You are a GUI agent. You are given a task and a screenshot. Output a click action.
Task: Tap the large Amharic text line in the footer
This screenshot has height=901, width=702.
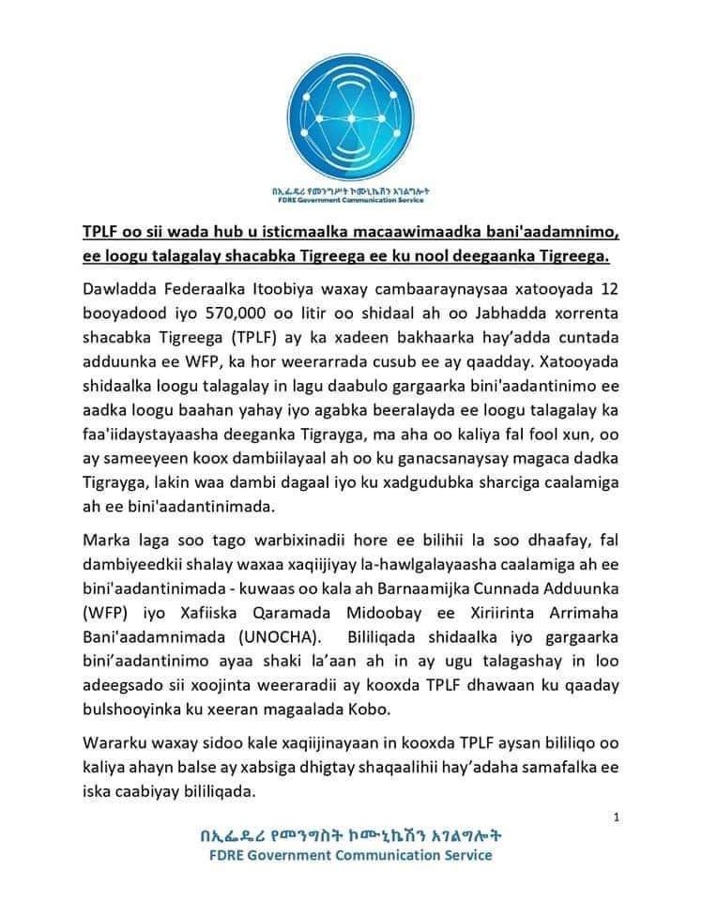click(351, 835)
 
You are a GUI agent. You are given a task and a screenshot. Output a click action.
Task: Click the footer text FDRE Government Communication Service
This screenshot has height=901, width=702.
click(351, 855)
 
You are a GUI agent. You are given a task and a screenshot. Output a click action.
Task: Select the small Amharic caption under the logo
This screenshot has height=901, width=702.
click(351, 189)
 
